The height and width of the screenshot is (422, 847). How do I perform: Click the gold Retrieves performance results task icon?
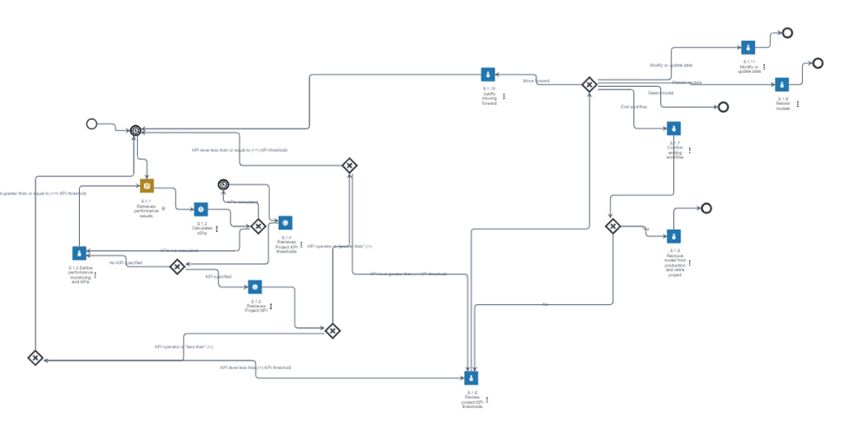point(147,186)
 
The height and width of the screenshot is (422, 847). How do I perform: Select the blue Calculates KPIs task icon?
point(201,209)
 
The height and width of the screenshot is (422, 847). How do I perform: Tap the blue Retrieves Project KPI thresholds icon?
point(285,222)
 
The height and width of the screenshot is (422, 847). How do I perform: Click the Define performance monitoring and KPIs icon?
point(79,253)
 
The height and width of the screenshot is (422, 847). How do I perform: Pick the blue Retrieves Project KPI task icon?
point(255,287)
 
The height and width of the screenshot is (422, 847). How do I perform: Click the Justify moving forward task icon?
point(488,74)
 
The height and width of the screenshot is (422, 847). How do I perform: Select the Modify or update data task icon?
point(749,47)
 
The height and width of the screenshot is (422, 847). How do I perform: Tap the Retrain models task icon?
point(782,84)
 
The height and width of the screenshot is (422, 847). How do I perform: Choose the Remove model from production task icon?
point(673,235)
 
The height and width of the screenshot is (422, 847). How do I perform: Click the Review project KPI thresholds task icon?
point(471,378)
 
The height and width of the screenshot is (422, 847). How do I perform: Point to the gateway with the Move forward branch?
point(589,83)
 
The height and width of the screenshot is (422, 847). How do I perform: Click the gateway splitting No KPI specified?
point(177,267)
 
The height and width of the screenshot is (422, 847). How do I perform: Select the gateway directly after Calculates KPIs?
point(258,226)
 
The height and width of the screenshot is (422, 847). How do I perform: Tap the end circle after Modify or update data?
point(787,33)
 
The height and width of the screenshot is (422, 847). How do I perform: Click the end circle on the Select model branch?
point(723,107)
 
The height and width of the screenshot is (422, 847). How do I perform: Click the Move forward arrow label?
point(536,81)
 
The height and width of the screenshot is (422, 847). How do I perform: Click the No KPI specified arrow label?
point(126,262)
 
